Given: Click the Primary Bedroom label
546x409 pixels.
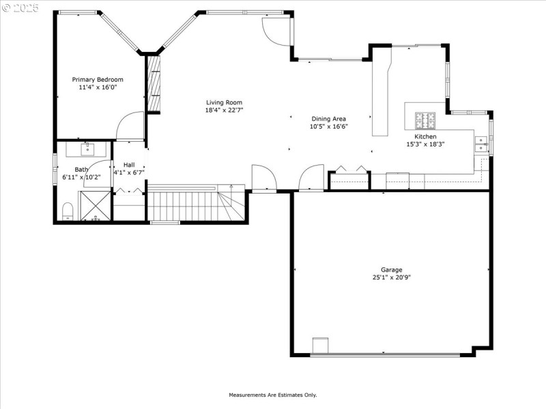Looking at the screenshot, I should [98, 79].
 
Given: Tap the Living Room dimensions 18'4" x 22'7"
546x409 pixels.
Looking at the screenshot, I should [224, 110].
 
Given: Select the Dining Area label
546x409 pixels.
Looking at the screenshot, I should [329, 119].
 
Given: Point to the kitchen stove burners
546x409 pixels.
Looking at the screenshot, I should [426, 121].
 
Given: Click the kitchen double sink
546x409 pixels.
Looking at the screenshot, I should [480, 143].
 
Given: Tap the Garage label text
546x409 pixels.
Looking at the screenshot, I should [391, 270].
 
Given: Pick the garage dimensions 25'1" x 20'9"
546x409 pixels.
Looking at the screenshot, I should [391, 277].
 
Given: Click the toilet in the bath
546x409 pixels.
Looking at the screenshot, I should [68, 211].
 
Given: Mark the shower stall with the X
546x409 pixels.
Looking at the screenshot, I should [95, 206].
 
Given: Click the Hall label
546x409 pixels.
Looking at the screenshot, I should [128, 165].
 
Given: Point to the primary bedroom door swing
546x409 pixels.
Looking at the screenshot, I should [130, 126].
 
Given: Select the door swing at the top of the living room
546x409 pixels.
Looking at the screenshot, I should [276, 31].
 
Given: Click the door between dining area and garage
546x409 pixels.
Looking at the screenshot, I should [311, 179].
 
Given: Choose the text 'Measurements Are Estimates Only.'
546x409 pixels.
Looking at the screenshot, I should [272, 395].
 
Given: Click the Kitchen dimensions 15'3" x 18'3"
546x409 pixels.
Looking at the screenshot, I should [425, 144].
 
